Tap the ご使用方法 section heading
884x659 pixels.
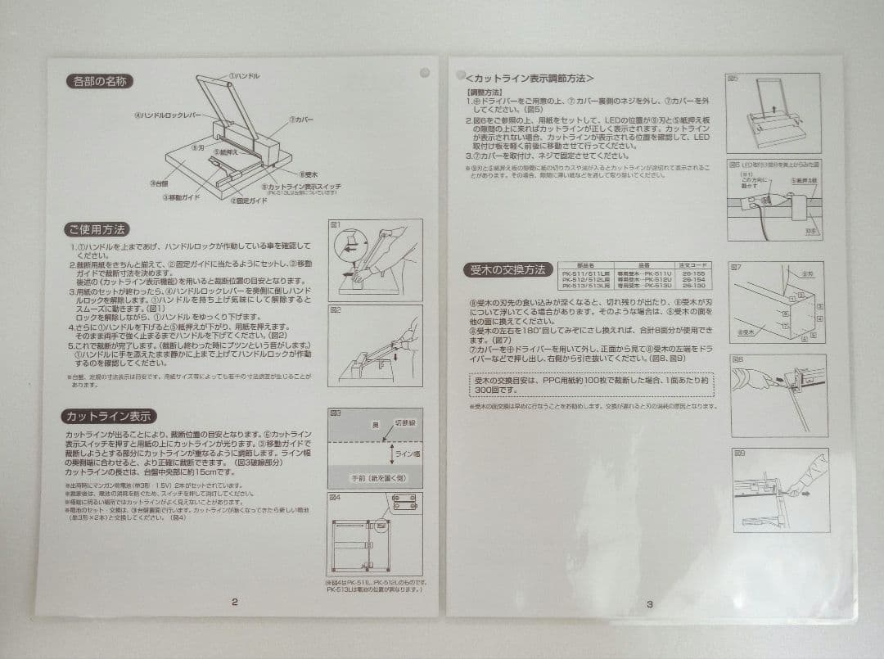98,229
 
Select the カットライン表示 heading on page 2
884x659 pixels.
110,416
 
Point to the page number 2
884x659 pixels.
235,603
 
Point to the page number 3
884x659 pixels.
649,604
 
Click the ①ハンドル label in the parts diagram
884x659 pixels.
244,75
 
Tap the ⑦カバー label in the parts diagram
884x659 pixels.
300,120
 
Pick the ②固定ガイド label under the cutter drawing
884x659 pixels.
248,201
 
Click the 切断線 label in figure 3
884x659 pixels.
404,424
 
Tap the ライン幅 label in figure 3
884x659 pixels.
406,454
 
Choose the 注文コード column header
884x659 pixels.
693,265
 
